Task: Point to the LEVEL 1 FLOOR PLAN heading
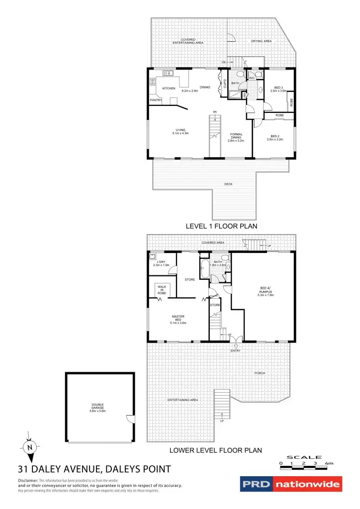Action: click(221, 226)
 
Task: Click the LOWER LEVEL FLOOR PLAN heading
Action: click(215, 451)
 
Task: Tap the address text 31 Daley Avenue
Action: click(94, 469)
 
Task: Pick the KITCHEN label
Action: click(169, 88)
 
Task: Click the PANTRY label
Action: click(156, 100)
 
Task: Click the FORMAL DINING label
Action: click(236, 137)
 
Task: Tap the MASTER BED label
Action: click(178, 318)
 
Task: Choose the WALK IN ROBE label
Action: click(162, 290)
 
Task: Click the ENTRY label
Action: click(236, 351)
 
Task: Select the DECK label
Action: click(228, 184)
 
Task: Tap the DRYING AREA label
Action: click(261, 41)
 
